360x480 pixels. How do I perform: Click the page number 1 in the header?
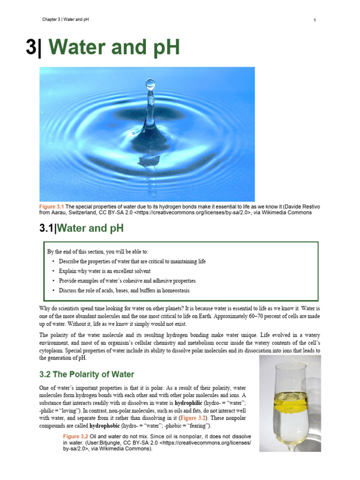click(x=315, y=20)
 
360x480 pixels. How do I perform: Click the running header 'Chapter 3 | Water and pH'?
click(x=66, y=19)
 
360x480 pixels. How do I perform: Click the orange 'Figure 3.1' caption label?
click(x=52, y=206)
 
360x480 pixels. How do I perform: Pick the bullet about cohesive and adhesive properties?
click(x=127, y=281)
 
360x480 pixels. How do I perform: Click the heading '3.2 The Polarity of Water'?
click(x=86, y=374)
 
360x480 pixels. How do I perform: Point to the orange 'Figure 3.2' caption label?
click(x=75, y=436)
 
